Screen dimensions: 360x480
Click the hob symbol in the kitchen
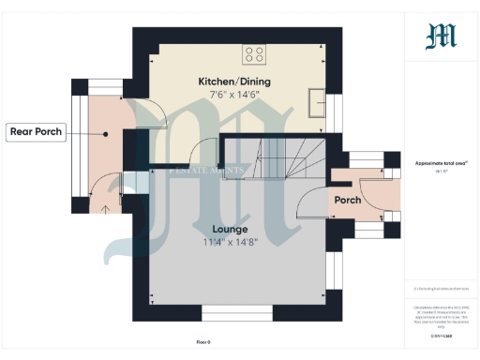click(254, 54)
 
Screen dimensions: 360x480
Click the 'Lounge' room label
click(230, 229)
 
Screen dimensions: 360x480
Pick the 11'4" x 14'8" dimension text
click(230, 244)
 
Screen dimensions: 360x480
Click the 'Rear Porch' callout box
click(36, 132)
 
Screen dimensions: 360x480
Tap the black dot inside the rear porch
click(107, 133)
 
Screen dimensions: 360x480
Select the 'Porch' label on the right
click(348, 200)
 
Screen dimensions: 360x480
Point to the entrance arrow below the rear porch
click(107, 208)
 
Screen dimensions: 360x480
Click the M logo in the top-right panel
click(441, 37)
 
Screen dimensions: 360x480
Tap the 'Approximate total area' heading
click(441, 163)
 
